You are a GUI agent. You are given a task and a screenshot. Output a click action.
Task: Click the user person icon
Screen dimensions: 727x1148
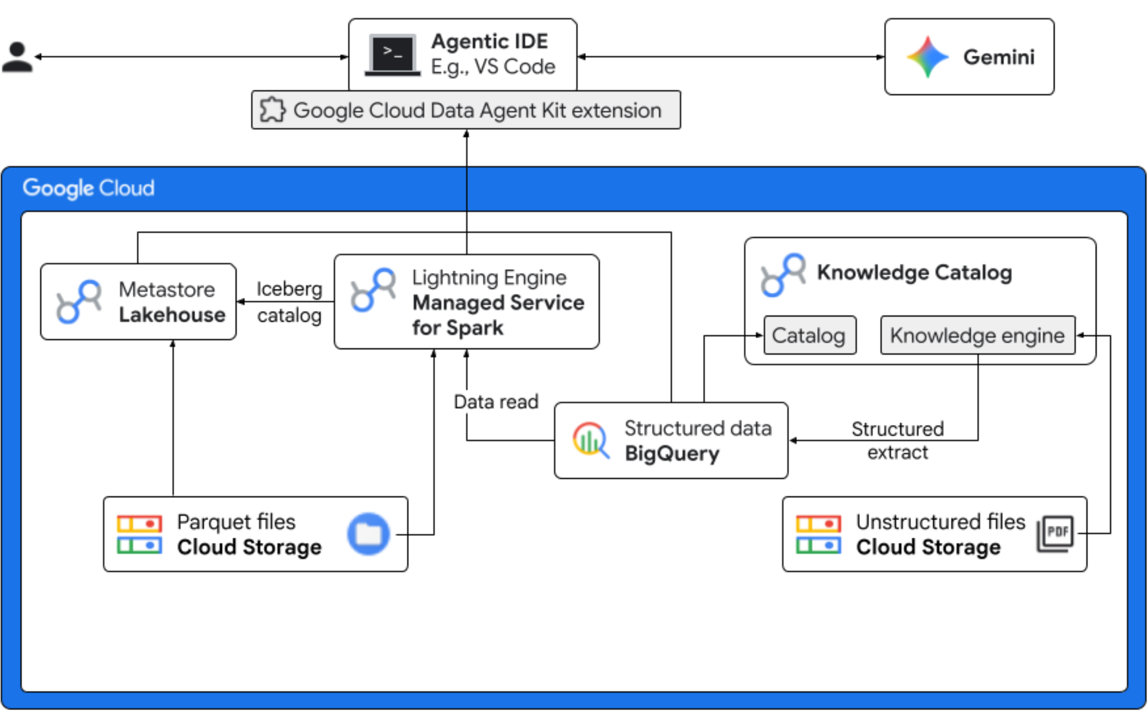[17, 57]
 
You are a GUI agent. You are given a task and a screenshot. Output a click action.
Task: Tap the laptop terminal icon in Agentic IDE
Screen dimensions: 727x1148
[393, 54]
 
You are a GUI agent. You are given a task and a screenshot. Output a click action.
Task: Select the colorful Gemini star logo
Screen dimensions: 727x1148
[927, 57]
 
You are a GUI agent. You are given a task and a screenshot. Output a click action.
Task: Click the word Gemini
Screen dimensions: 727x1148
[999, 57]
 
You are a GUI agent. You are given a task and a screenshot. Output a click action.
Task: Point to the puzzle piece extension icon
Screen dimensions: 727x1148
[273, 110]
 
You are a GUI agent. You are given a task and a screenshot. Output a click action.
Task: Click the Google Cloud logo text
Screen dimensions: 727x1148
[89, 188]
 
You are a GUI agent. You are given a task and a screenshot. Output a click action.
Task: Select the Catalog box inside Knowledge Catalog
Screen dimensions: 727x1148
[809, 336]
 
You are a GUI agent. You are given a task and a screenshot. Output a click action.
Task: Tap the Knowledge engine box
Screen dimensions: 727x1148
[977, 336]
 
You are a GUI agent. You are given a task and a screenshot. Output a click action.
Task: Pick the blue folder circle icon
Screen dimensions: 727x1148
[369, 534]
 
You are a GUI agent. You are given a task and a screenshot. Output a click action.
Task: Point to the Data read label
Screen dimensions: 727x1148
[496, 402]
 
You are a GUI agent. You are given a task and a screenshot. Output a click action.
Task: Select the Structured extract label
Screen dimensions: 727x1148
[897, 440]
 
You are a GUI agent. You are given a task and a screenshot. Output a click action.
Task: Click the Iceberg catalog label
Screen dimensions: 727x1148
[289, 302]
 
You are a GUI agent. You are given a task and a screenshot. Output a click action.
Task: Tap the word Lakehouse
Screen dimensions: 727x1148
[172, 315]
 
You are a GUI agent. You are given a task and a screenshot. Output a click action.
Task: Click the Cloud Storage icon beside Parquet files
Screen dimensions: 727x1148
[139, 534]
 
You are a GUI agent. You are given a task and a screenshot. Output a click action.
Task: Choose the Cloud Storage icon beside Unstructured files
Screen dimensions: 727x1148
[818, 534]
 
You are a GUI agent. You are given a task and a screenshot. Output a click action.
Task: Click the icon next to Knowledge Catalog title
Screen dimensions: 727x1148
[782, 275]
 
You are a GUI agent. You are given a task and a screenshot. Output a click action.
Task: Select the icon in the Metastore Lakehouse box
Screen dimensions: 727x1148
[79, 301]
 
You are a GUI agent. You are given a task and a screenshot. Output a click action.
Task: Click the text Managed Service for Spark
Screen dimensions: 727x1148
[498, 315]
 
